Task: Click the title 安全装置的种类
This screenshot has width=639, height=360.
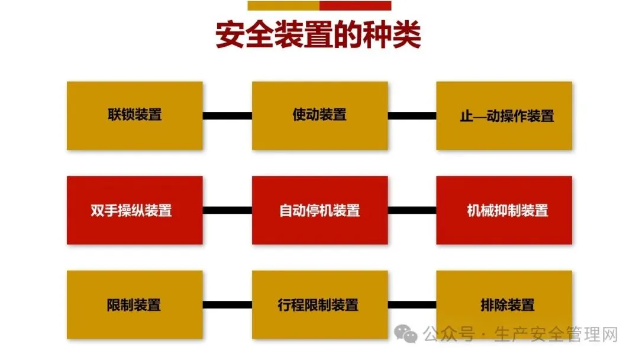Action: click(318, 36)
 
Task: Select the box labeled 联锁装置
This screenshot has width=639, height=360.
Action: click(135, 115)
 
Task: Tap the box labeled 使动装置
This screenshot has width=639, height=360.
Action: click(319, 115)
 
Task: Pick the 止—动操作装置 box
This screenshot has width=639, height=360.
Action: click(504, 115)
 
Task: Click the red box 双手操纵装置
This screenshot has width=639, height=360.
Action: click(135, 210)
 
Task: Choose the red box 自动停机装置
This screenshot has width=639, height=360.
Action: click(319, 210)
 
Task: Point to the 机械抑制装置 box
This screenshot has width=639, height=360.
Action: click(504, 210)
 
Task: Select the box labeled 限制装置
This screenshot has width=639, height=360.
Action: click(135, 305)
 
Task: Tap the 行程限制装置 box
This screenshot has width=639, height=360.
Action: click(319, 305)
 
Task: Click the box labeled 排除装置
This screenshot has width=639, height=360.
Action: click(504, 305)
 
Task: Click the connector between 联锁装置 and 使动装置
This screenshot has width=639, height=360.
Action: click(227, 115)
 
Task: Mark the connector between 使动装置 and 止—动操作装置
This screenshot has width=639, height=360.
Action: click(412, 115)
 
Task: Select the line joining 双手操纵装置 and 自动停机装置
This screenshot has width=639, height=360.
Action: click(227, 210)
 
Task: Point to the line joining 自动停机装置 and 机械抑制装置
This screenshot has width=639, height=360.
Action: click(412, 210)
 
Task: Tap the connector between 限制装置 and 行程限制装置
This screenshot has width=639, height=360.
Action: click(227, 305)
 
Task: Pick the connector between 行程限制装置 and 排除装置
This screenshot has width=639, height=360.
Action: click(412, 305)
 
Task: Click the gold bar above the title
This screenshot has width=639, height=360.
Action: click(283, 6)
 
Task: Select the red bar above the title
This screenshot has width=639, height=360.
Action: click(355, 6)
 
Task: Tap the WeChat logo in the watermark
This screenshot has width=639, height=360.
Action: click(408, 335)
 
